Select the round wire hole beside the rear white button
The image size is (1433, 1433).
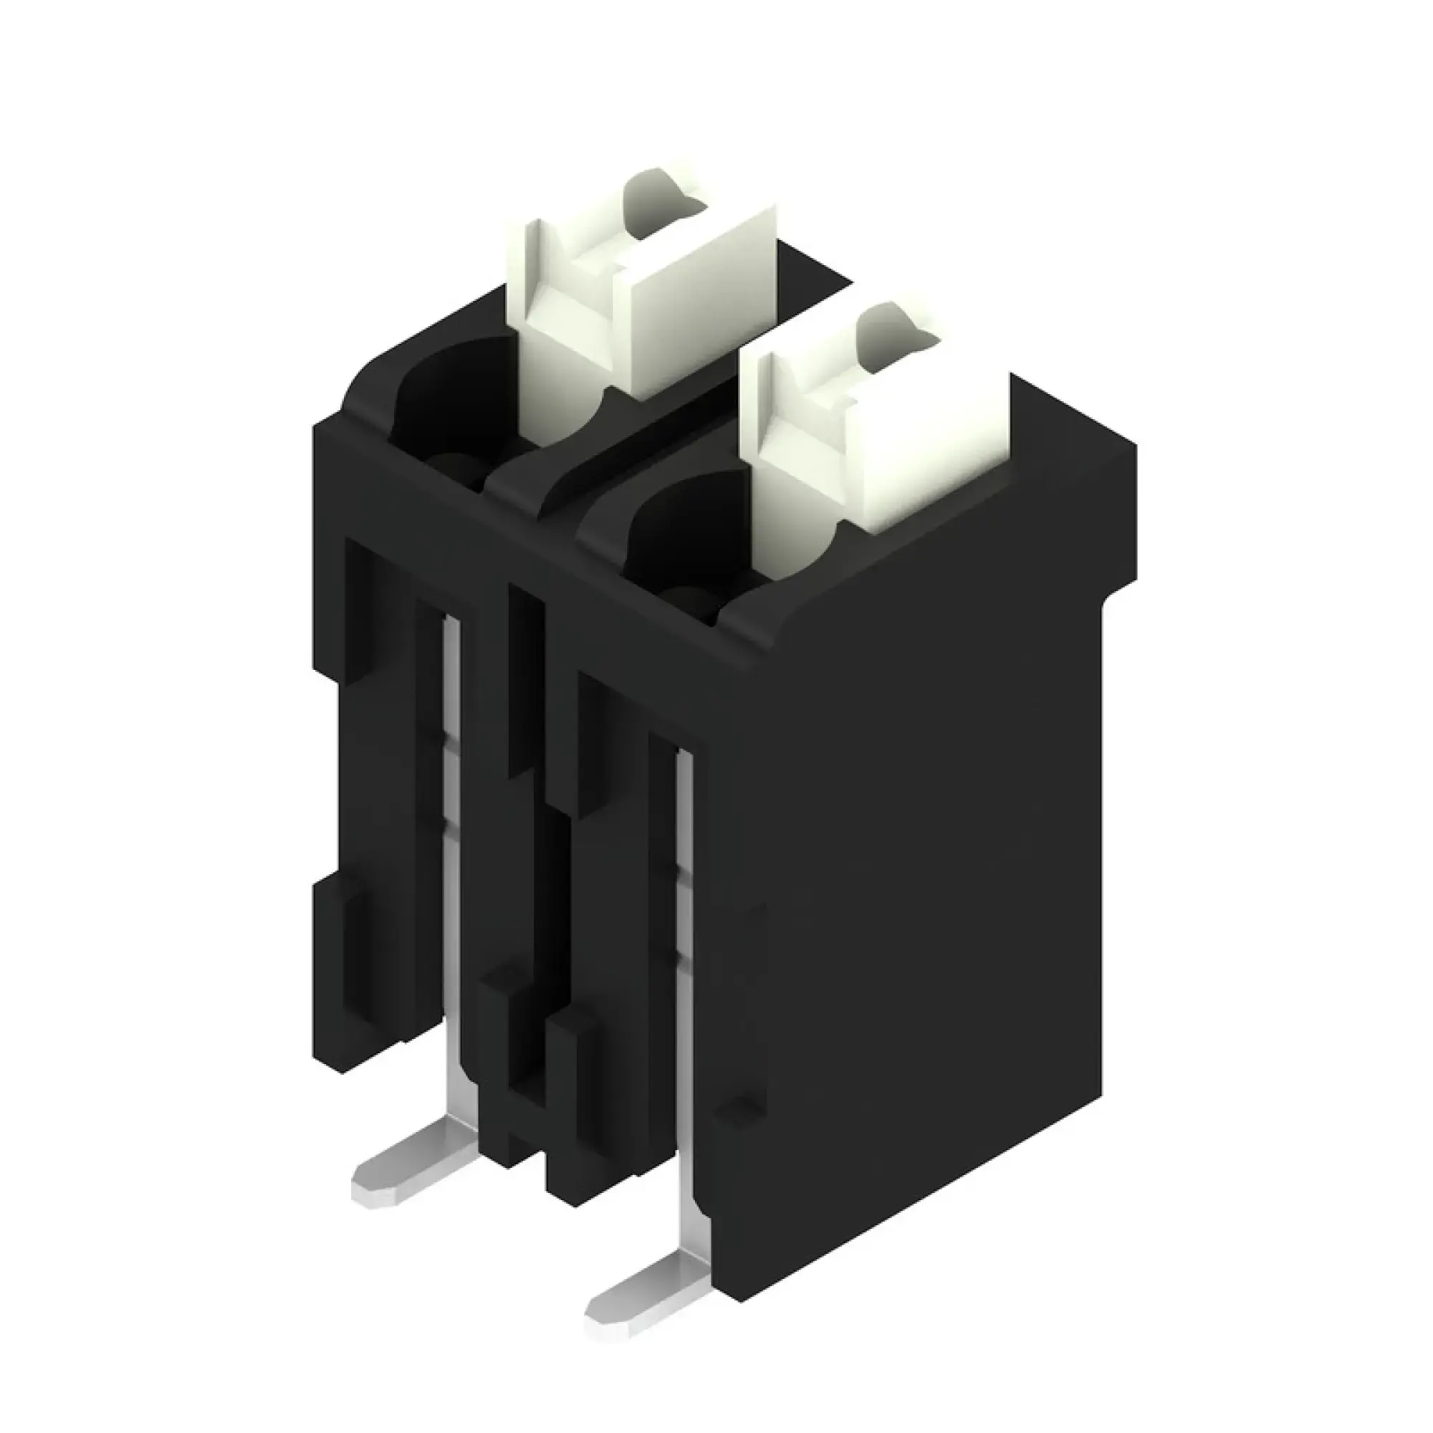[452, 401]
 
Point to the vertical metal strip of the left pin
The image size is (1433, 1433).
[451, 853]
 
